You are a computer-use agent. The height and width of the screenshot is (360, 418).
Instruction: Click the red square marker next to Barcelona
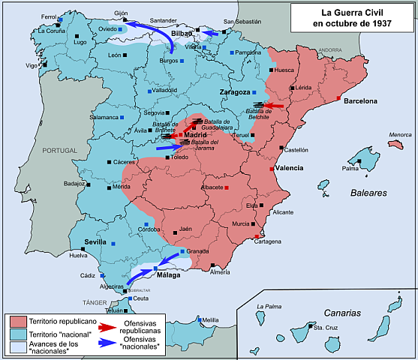coord(340,98)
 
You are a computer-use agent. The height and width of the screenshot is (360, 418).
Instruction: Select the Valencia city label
coord(289,168)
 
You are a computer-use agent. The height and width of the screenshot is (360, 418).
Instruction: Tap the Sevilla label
coord(95,241)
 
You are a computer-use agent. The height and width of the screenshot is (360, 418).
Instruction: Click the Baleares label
coord(368,193)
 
